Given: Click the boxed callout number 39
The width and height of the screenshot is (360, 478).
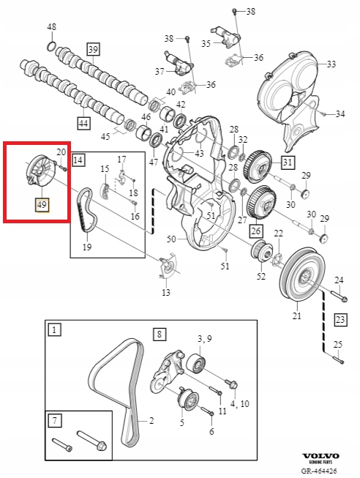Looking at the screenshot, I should [93, 50].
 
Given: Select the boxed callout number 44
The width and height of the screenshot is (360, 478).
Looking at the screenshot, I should [83, 124].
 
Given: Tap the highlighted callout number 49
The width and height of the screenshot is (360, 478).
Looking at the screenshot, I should [42, 203].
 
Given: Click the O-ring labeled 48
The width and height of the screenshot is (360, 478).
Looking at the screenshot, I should [51, 48].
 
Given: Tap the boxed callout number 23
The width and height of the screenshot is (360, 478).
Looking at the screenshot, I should [340, 319].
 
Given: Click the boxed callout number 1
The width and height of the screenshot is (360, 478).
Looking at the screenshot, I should [54, 330].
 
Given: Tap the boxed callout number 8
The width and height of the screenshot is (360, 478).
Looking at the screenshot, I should [160, 335].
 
